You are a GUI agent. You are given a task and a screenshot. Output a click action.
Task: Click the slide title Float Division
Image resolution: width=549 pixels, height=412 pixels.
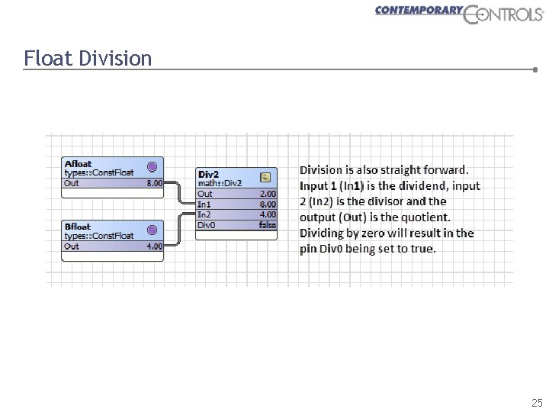click(x=88, y=58)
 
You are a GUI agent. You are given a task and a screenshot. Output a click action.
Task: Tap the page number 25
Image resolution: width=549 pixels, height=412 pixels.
click(x=537, y=403)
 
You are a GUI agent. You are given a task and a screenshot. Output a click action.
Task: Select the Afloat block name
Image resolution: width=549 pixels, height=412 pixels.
click(x=79, y=163)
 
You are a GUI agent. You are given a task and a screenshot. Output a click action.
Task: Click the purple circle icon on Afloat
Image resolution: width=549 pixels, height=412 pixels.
click(x=152, y=166)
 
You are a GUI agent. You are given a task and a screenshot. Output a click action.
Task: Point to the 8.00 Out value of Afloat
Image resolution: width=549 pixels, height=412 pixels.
click(x=154, y=183)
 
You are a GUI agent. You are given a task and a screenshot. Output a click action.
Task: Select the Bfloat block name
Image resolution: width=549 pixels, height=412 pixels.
click(x=79, y=227)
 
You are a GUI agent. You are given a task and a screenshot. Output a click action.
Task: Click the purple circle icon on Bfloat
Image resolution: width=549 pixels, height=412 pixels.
click(x=152, y=230)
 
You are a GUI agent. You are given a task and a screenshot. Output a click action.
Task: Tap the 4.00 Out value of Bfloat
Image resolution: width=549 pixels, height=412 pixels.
click(x=154, y=246)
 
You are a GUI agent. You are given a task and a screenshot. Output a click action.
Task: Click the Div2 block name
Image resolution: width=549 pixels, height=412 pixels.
click(x=208, y=174)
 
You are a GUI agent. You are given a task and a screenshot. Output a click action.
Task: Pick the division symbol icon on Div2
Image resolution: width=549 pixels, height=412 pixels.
click(x=265, y=177)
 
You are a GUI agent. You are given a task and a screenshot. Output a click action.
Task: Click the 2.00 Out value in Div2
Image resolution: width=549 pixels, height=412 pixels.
click(x=268, y=194)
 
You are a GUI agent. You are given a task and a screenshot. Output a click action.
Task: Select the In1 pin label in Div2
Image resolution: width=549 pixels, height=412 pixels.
click(x=204, y=204)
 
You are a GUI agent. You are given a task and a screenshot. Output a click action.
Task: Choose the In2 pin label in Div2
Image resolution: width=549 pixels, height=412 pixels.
click(x=204, y=214)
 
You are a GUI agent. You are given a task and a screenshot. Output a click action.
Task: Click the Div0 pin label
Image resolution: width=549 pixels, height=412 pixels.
click(x=206, y=225)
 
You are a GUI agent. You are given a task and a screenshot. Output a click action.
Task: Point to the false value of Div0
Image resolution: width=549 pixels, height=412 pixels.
click(x=267, y=225)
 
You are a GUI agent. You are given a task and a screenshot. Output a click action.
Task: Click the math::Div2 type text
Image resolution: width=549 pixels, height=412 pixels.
click(x=220, y=183)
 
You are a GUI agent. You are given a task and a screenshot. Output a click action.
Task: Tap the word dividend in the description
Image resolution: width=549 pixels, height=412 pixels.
click(x=415, y=185)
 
